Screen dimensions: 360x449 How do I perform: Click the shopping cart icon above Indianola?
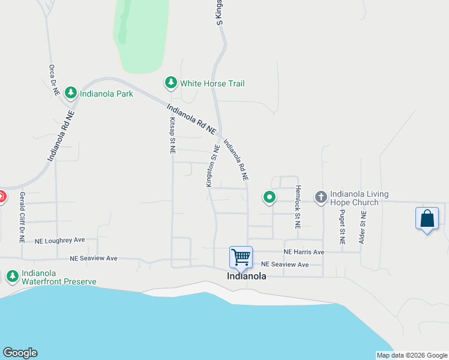tap(241, 257)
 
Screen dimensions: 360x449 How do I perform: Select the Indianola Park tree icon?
tap(71, 93)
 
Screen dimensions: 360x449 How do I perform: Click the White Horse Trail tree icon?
tap(171, 83)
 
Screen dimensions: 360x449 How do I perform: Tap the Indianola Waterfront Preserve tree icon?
tap(12, 276)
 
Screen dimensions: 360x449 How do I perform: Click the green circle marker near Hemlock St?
tap(270, 196)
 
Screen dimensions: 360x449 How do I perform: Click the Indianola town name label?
tap(246, 277)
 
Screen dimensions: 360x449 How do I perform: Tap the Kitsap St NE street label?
tap(172, 136)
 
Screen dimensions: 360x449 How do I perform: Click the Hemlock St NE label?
tap(297, 207)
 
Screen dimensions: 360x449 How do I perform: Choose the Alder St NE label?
tap(363, 227)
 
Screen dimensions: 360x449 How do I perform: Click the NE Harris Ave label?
tap(304, 252)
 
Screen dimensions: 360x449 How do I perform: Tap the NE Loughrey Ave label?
tap(60, 240)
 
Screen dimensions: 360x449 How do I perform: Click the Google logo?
tap(20, 353)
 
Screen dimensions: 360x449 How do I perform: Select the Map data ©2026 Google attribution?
tap(412, 355)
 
